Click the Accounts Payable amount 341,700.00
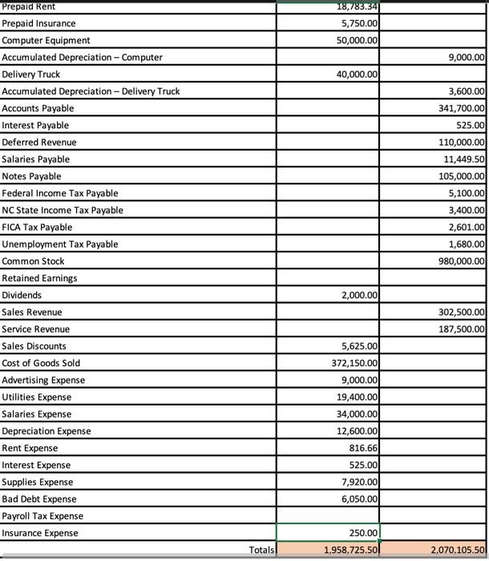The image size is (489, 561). (x=456, y=108)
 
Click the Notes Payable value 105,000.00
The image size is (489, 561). (x=456, y=176)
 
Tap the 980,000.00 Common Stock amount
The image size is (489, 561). (x=456, y=261)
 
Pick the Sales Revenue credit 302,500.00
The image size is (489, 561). (x=456, y=312)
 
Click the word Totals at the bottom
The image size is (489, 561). (x=261, y=550)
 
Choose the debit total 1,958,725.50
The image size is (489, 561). (x=351, y=550)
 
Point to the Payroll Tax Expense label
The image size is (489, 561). (x=42, y=516)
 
